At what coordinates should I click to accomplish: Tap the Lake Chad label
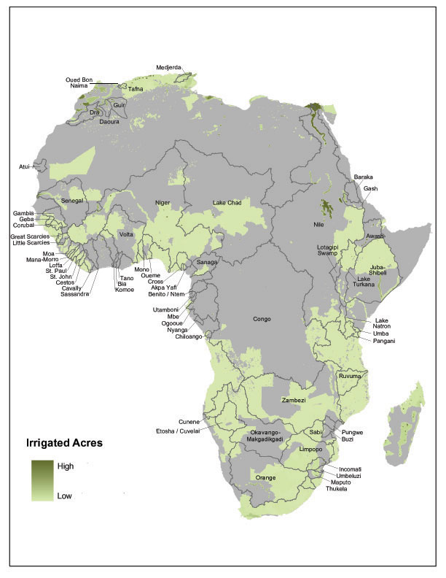(228, 202)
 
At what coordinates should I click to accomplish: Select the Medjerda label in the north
(169, 69)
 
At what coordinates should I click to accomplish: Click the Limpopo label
(313, 450)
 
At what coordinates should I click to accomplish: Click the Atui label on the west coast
(24, 167)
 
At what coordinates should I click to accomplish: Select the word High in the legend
(66, 466)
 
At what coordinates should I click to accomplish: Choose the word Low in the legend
(65, 496)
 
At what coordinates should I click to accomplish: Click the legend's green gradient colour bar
(42, 480)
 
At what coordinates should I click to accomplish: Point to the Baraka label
(363, 177)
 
